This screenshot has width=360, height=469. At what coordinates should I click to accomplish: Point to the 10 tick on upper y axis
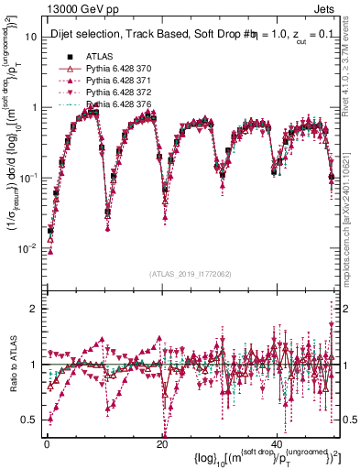pos(30,37)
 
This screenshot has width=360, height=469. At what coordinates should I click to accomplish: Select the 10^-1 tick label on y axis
pos(27,179)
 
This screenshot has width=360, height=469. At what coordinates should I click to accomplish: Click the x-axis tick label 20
pos(162,443)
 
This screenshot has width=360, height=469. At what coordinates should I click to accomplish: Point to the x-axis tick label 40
pos(278,443)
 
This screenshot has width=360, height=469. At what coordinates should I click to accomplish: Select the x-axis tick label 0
pos(47,443)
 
